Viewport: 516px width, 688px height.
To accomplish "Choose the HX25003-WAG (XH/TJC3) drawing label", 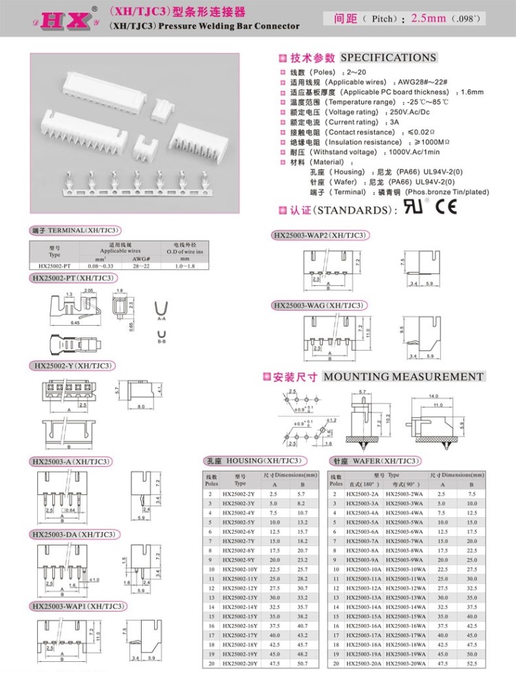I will point(319,305).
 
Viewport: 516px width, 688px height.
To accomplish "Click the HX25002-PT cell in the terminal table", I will point(55,265).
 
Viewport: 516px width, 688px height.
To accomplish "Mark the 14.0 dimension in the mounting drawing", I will point(452,397).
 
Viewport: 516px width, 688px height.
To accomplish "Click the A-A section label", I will point(162,319).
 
